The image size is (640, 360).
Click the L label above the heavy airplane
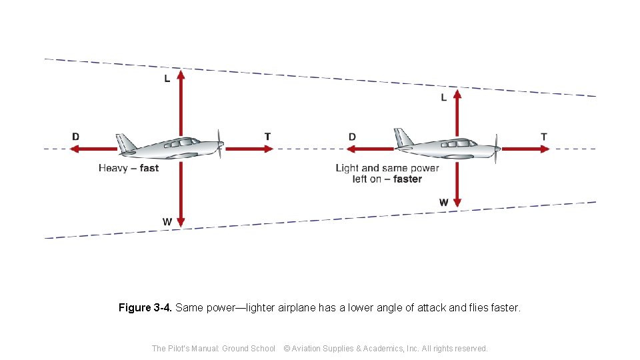point(167,79)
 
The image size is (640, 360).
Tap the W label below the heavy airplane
point(167,221)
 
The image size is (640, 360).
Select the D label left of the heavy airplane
point(76,137)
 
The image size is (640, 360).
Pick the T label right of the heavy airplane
point(267,137)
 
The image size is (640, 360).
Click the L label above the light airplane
point(444,98)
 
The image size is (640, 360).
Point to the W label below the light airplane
point(444,202)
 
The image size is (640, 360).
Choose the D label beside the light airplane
point(352,137)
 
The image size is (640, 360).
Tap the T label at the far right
point(544,137)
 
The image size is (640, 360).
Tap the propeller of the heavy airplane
point(220,145)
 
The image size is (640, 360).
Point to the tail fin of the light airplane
point(402,137)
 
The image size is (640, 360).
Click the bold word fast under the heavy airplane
point(149,168)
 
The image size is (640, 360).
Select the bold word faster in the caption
point(407,179)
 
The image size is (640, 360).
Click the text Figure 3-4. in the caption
point(145,308)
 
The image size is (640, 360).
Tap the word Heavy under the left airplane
point(113,168)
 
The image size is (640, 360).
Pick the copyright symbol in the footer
point(287,348)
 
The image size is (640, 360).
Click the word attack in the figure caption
point(431,308)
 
